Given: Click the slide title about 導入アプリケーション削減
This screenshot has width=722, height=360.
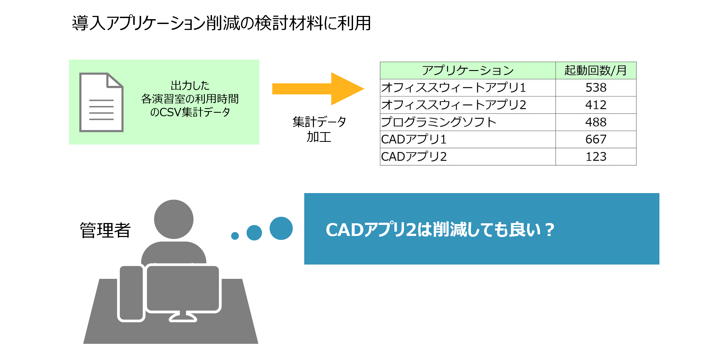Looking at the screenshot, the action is pos(221,23).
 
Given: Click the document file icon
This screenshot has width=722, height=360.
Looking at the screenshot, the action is pos(101,102).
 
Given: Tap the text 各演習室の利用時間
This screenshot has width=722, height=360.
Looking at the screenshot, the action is pos(190,99).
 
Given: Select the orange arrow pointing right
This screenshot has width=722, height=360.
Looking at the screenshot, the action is pos(318,89).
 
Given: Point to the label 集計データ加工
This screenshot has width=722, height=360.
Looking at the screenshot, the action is pos(319,129).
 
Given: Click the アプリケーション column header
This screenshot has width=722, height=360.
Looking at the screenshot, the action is pos(467,70).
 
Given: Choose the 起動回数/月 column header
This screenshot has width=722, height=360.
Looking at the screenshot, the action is pos(596,70).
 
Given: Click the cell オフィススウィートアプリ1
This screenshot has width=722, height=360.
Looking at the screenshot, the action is pos(453,88).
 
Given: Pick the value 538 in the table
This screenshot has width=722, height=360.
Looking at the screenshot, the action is pos(596,88).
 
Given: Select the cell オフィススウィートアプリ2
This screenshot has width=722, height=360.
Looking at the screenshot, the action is pos(453,105).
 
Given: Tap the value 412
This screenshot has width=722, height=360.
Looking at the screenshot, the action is pos(596,105).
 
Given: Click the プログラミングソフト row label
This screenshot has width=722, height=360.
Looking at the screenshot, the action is pos(439,122).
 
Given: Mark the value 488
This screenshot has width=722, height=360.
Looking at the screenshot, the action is pos(596,122).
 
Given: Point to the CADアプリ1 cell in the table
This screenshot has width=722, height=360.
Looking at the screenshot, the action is pos(414,139).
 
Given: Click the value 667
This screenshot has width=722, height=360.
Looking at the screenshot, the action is pos(596,139).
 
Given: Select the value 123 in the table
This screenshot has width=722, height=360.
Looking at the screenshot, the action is pos(596,157).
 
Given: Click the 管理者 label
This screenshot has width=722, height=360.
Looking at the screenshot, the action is pos(105,230).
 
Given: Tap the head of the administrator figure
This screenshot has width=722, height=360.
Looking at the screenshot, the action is pos(174,219).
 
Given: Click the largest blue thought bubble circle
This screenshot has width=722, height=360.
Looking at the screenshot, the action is pos(281,228).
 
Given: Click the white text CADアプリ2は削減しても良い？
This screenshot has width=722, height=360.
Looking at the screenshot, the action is pos(440,230).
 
